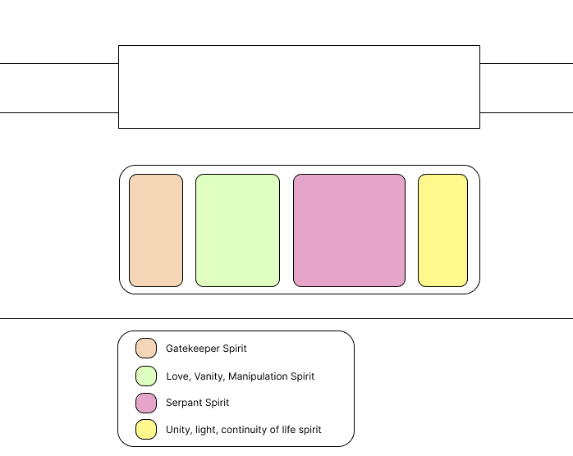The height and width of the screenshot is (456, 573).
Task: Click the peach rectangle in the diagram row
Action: tap(156, 230)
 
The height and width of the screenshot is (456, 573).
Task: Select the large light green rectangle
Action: tap(237, 230)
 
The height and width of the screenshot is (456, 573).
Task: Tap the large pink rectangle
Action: tap(349, 230)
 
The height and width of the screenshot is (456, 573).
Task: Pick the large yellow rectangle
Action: tap(442, 230)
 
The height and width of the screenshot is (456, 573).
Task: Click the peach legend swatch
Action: tap(146, 349)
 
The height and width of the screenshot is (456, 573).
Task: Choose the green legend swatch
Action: tap(146, 376)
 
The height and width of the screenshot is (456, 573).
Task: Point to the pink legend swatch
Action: tap(146, 403)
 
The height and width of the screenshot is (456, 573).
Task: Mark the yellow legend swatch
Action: tap(146, 429)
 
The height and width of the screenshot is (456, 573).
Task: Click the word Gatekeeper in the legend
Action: tap(193, 349)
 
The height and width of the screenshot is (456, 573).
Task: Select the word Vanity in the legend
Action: tap(207, 376)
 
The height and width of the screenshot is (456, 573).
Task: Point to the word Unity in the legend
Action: tap(178, 430)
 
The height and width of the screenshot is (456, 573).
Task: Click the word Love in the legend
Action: tap(176, 376)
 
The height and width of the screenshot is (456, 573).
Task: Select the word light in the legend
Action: tap(206, 430)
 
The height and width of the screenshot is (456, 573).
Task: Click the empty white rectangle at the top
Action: tap(299, 87)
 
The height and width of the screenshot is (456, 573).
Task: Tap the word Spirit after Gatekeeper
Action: tap(235, 349)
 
